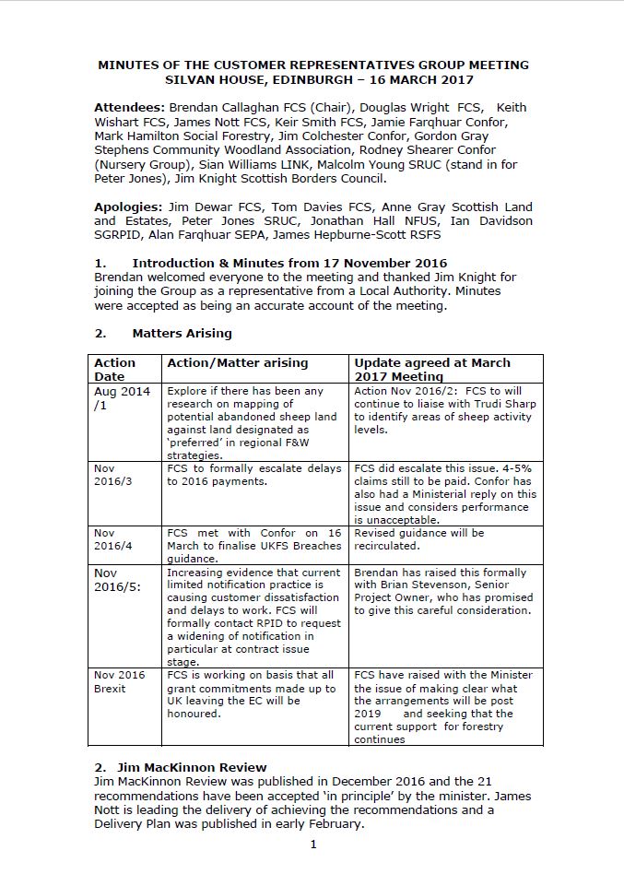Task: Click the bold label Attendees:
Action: coord(130,108)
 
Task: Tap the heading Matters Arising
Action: coord(182,333)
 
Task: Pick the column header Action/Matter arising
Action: coord(237,363)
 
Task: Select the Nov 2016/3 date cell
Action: coord(109,476)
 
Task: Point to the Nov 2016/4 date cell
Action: coord(109,539)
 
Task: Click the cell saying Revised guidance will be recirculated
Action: coord(419,539)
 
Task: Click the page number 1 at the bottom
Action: coord(313,845)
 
